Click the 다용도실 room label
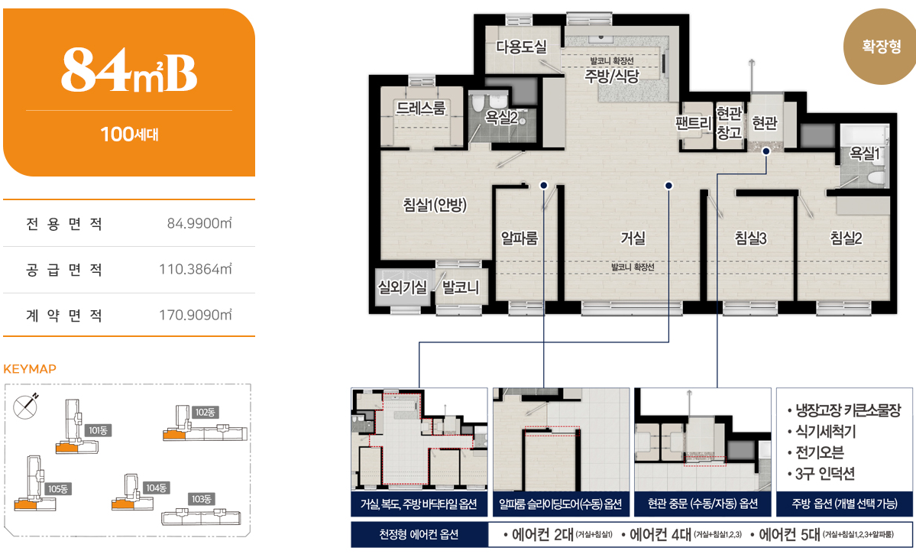[521, 46]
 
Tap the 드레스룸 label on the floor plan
[421, 108]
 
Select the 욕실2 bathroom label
[501, 118]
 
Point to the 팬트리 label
[694, 123]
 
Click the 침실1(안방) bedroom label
[435, 205]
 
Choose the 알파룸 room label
[519, 238]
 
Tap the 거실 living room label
[633, 238]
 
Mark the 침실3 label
[750, 238]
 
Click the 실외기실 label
[403, 287]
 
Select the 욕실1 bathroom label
[865, 154]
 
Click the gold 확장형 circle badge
[881, 47]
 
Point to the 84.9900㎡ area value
[199, 223]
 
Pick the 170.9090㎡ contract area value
[195, 315]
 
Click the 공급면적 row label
[64, 270]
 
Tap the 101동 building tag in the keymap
[98, 431]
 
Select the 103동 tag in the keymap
[202, 499]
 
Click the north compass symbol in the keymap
[25, 405]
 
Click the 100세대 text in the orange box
[129, 134]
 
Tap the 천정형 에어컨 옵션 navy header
[419, 534]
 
